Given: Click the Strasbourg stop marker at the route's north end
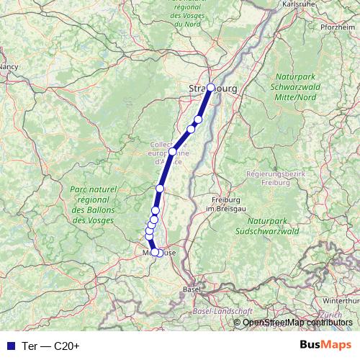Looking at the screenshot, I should [210, 88].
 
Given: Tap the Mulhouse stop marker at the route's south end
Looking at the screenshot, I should [155, 252].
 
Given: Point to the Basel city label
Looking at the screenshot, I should [192, 289].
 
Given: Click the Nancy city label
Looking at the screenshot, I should [9, 66].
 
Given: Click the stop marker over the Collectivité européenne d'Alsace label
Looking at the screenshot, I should [173, 152].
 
